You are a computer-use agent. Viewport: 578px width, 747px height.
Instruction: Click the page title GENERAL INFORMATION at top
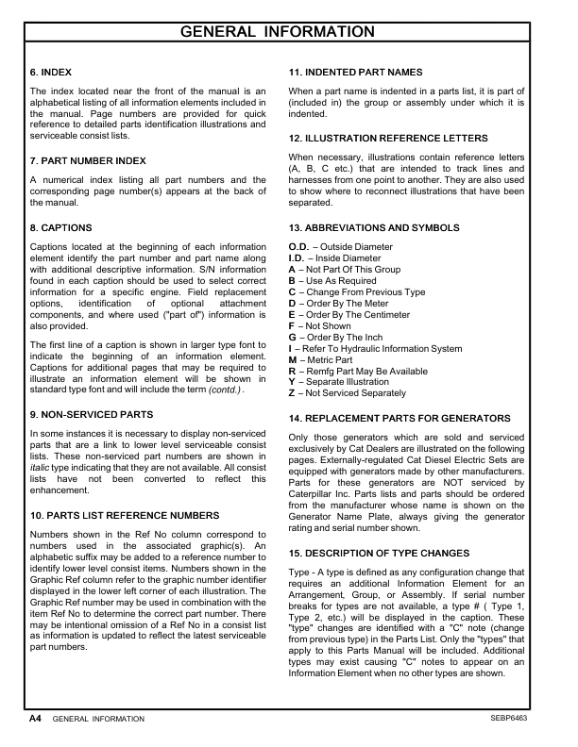(x=289, y=32)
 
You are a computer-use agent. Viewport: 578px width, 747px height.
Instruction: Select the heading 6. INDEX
(x=51, y=72)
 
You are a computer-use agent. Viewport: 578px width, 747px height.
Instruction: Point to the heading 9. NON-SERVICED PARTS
(x=92, y=414)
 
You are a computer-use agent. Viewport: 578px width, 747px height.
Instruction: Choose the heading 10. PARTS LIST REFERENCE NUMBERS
(x=125, y=516)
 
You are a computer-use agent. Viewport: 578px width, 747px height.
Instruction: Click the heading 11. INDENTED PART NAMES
(x=355, y=72)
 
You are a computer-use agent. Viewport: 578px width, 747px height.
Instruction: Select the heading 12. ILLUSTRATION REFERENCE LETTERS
(x=388, y=138)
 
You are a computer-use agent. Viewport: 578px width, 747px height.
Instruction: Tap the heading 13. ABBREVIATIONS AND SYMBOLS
(x=374, y=227)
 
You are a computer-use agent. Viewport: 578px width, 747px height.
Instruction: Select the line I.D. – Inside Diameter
(x=334, y=258)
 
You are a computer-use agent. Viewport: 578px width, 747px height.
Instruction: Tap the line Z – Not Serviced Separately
(x=347, y=393)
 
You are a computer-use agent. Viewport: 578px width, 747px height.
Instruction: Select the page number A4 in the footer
(x=34, y=718)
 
